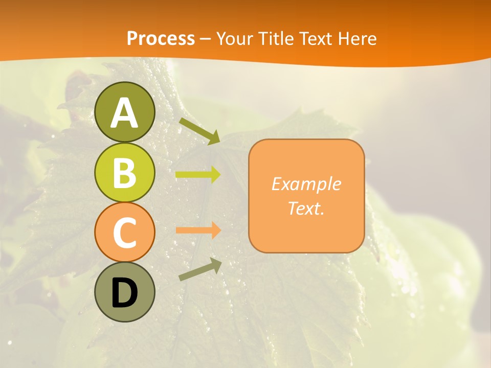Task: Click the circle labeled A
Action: (x=124, y=112)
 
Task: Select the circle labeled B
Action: (x=124, y=173)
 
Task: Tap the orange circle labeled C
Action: (x=124, y=232)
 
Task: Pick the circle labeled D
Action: (x=124, y=292)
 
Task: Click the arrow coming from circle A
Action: (x=199, y=131)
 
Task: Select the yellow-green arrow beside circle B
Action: (x=198, y=175)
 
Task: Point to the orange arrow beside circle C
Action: (x=198, y=230)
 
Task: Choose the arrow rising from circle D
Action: (x=200, y=269)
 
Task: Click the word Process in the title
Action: (x=161, y=38)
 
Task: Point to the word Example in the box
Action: (x=306, y=184)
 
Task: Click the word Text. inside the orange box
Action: (x=306, y=208)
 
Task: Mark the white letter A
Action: (x=124, y=113)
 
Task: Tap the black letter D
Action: (x=124, y=293)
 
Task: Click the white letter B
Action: (x=124, y=173)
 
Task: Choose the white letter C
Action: (x=124, y=233)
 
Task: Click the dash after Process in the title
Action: (x=206, y=39)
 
